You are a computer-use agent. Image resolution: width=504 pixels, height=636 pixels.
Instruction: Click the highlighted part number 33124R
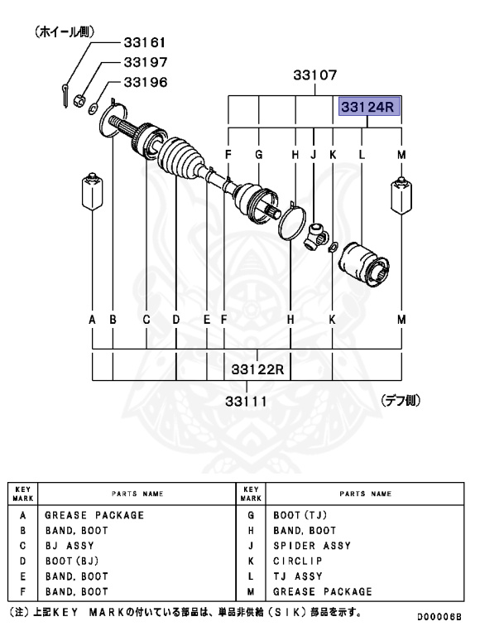(x=368, y=108)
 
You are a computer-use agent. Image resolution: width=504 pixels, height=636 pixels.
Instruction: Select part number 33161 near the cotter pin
(x=145, y=41)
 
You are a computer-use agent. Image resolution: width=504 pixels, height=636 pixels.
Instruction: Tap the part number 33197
(x=145, y=62)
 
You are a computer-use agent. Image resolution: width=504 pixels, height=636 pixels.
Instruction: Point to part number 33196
(x=145, y=82)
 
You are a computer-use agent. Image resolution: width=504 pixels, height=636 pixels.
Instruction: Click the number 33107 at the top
(x=314, y=75)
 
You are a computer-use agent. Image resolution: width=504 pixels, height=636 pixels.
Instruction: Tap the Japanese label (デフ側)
(x=401, y=400)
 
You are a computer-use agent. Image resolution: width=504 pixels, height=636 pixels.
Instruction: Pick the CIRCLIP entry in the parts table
(x=296, y=561)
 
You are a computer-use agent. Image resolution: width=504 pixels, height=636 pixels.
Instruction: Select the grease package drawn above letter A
(x=92, y=193)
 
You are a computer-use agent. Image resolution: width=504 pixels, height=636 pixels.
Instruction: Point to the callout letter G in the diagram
(x=259, y=154)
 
